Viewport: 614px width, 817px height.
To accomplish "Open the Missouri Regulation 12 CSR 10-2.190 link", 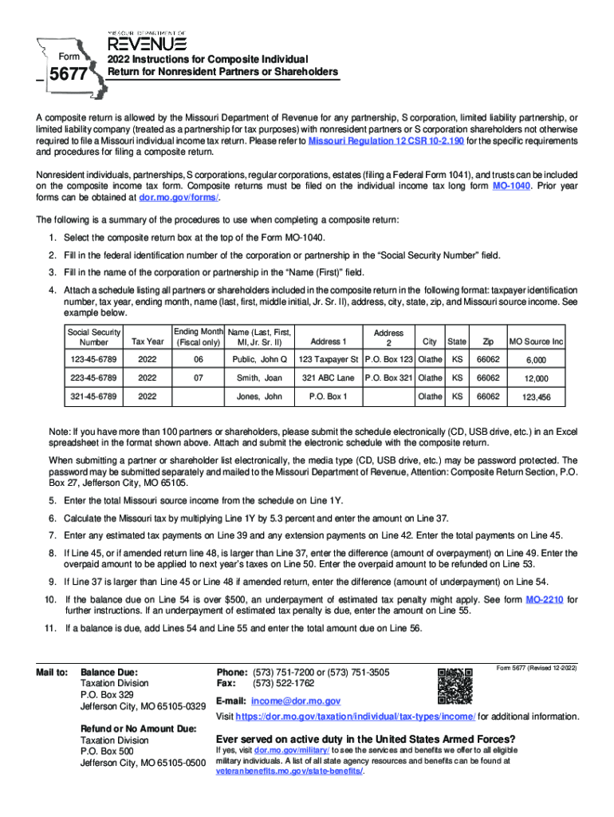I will [x=386, y=140].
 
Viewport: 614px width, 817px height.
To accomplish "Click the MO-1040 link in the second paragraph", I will [x=511, y=186].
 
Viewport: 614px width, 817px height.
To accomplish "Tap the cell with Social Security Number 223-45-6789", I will [x=93, y=377].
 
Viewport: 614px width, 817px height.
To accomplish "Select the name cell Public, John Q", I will [x=259, y=359].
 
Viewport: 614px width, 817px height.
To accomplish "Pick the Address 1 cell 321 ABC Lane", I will [x=328, y=377].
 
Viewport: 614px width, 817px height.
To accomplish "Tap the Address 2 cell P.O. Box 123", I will [x=388, y=359].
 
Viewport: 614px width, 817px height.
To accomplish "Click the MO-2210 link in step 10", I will [x=544, y=599].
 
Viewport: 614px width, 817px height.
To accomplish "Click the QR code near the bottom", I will [x=455, y=685].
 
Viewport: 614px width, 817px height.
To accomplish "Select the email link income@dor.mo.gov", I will [x=296, y=701].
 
